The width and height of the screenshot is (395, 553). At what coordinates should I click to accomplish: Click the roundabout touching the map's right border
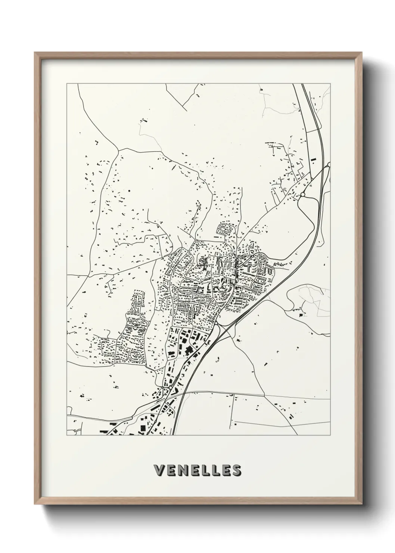coord(328,164)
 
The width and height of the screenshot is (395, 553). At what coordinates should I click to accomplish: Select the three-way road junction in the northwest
coord(119,149)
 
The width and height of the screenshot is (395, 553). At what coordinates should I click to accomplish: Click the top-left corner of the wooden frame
coord(35,53)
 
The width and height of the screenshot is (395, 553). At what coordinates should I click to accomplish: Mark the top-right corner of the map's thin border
coord(330,84)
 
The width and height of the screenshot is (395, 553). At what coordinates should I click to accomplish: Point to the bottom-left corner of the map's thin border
coord(67,435)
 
